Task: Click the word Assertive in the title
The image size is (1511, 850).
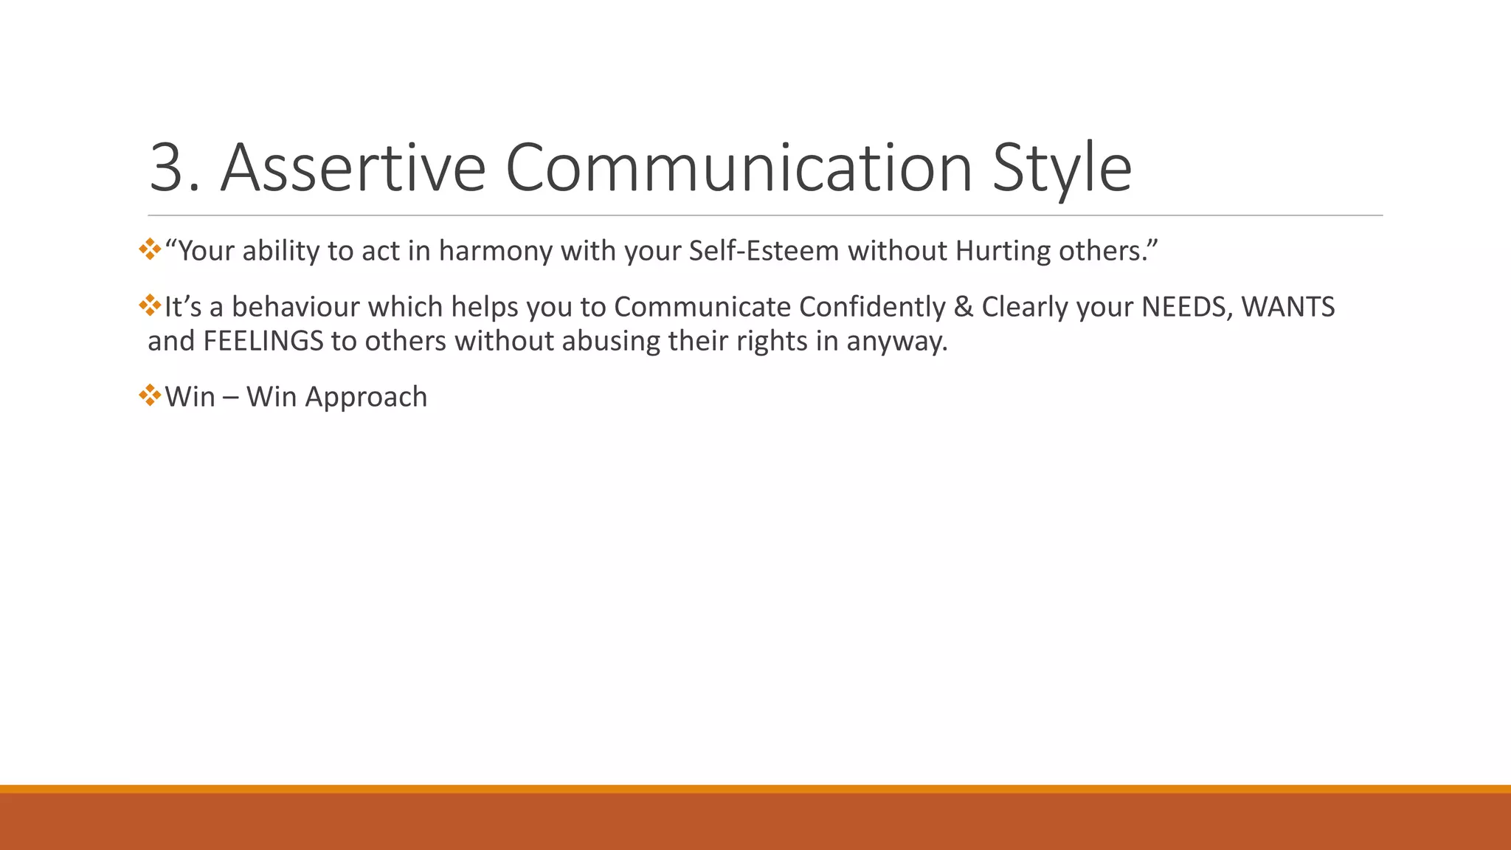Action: pyautogui.click(x=353, y=168)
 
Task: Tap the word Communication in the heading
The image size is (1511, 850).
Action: pyautogui.click(x=738, y=168)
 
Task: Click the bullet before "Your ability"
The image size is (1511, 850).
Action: pyautogui.click(x=150, y=249)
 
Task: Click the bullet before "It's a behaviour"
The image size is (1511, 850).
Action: pyautogui.click(x=150, y=305)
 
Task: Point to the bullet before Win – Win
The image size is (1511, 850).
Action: pyautogui.click(x=150, y=395)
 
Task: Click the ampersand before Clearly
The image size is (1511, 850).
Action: pyautogui.click(x=963, y=307)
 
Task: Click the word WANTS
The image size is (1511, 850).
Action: pyautogui.click(x=1288, y=307)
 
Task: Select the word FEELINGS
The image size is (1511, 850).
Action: pyautogui.click(x=263, y=341)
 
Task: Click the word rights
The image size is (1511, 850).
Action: pyautogui.click(x=772, y=341)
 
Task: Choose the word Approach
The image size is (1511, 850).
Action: pyautogui.click(x=366, y=397)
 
